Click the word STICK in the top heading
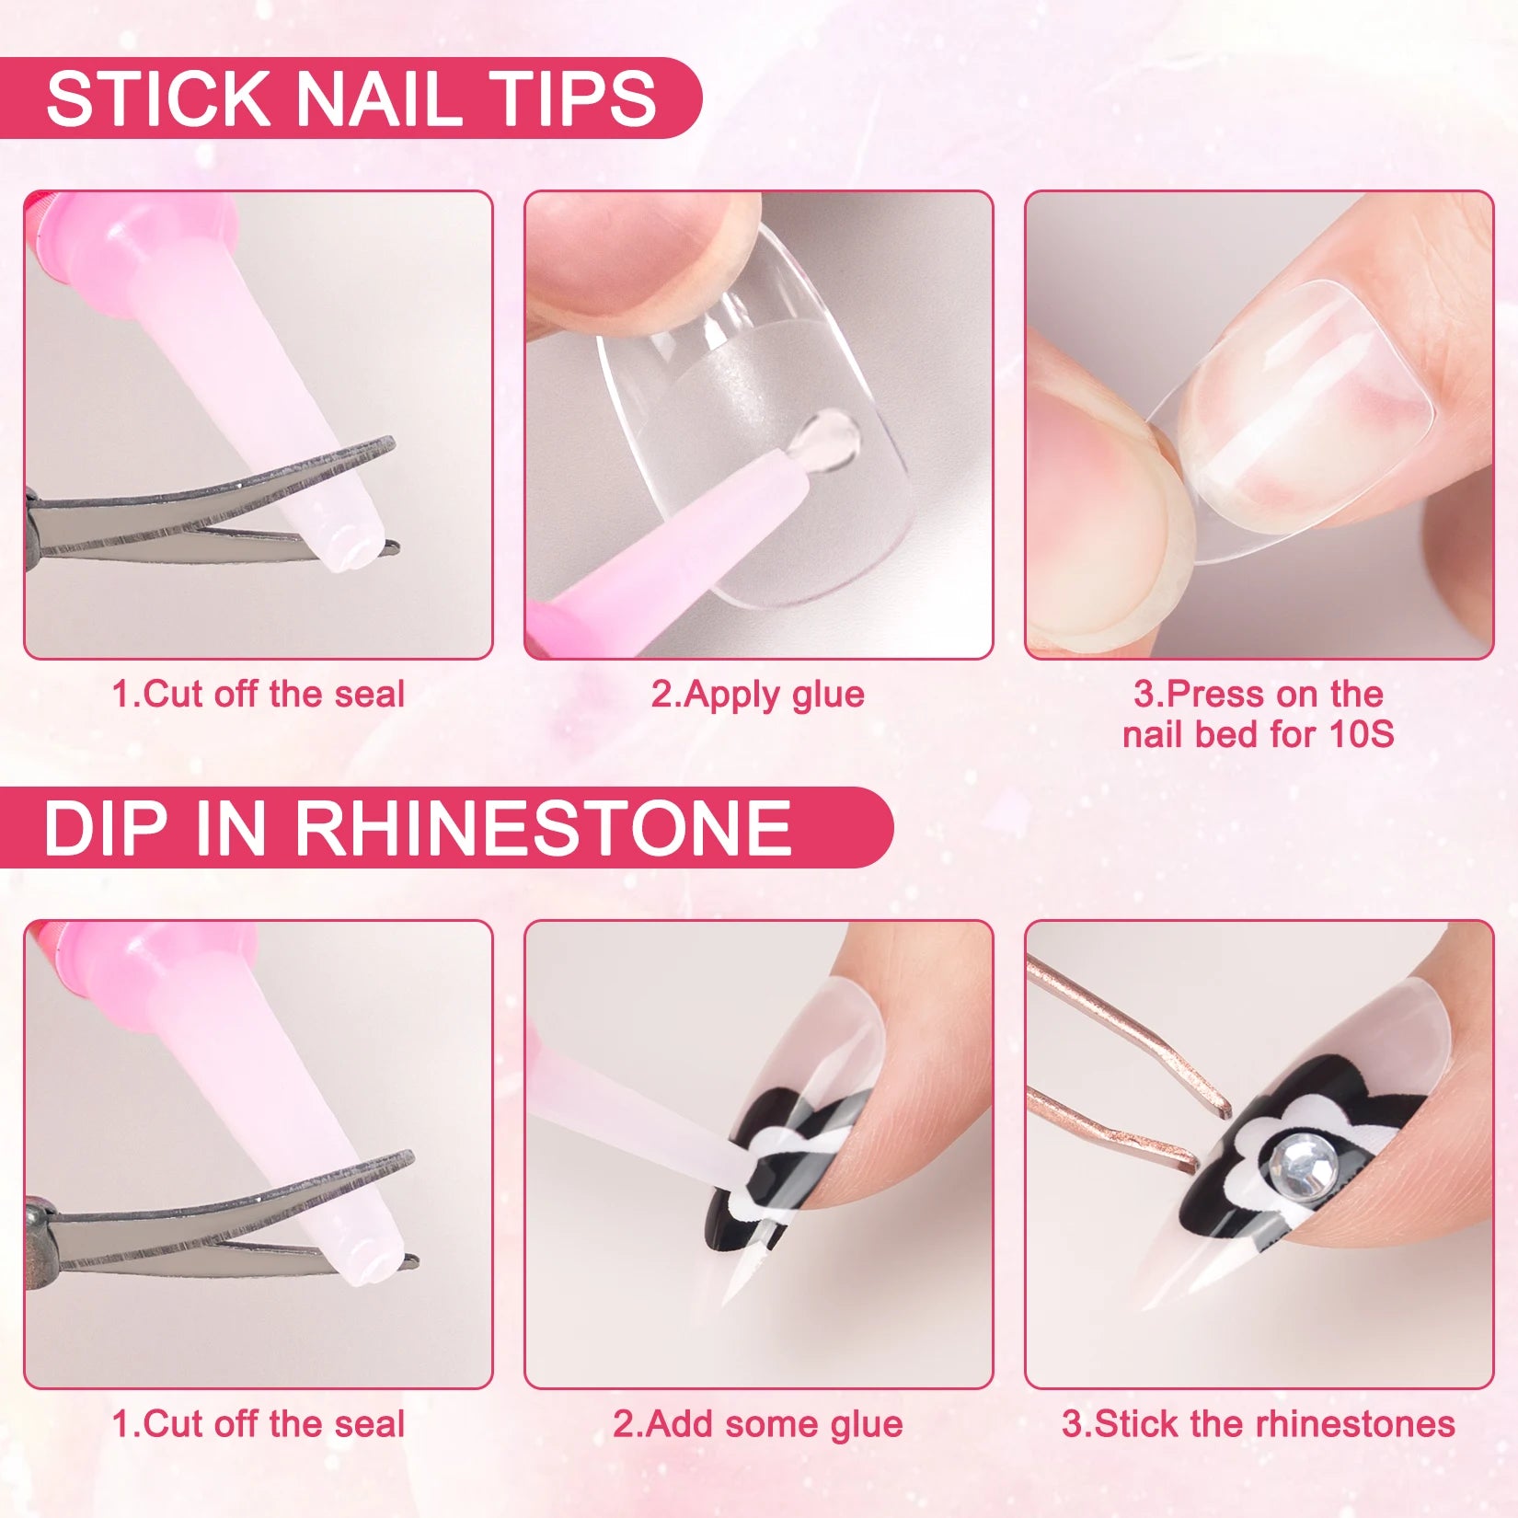(x=157, y=98)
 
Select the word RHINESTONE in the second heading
(x=543, y=828)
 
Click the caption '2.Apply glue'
(x=757, y=694)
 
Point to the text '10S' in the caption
(x=1361, y=734)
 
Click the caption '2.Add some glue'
(x=757, y=1423)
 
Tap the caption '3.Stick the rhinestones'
(x=1258, y=1423)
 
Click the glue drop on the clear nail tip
(x=832, y=432)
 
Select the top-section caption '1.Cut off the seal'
(x=258, y=694)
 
